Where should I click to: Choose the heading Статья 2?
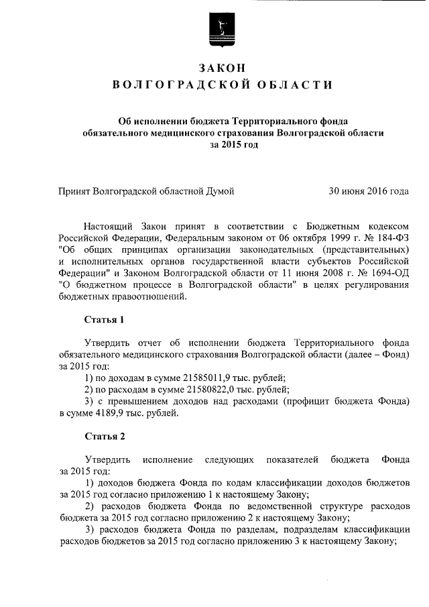pos(104,437)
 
